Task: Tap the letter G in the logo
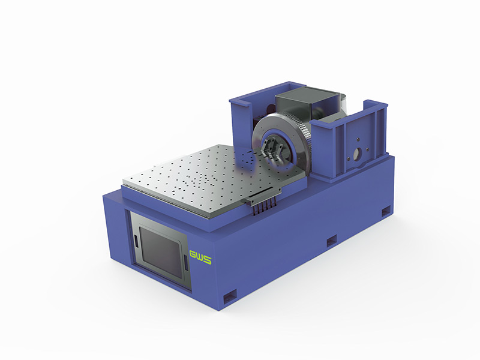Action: [193, 254]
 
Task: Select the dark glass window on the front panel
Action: [161, 249]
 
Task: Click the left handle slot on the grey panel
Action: [134, 239]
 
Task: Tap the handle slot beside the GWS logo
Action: [185, 263]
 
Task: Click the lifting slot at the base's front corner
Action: [230, 296]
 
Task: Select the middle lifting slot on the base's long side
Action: [332, 241]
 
